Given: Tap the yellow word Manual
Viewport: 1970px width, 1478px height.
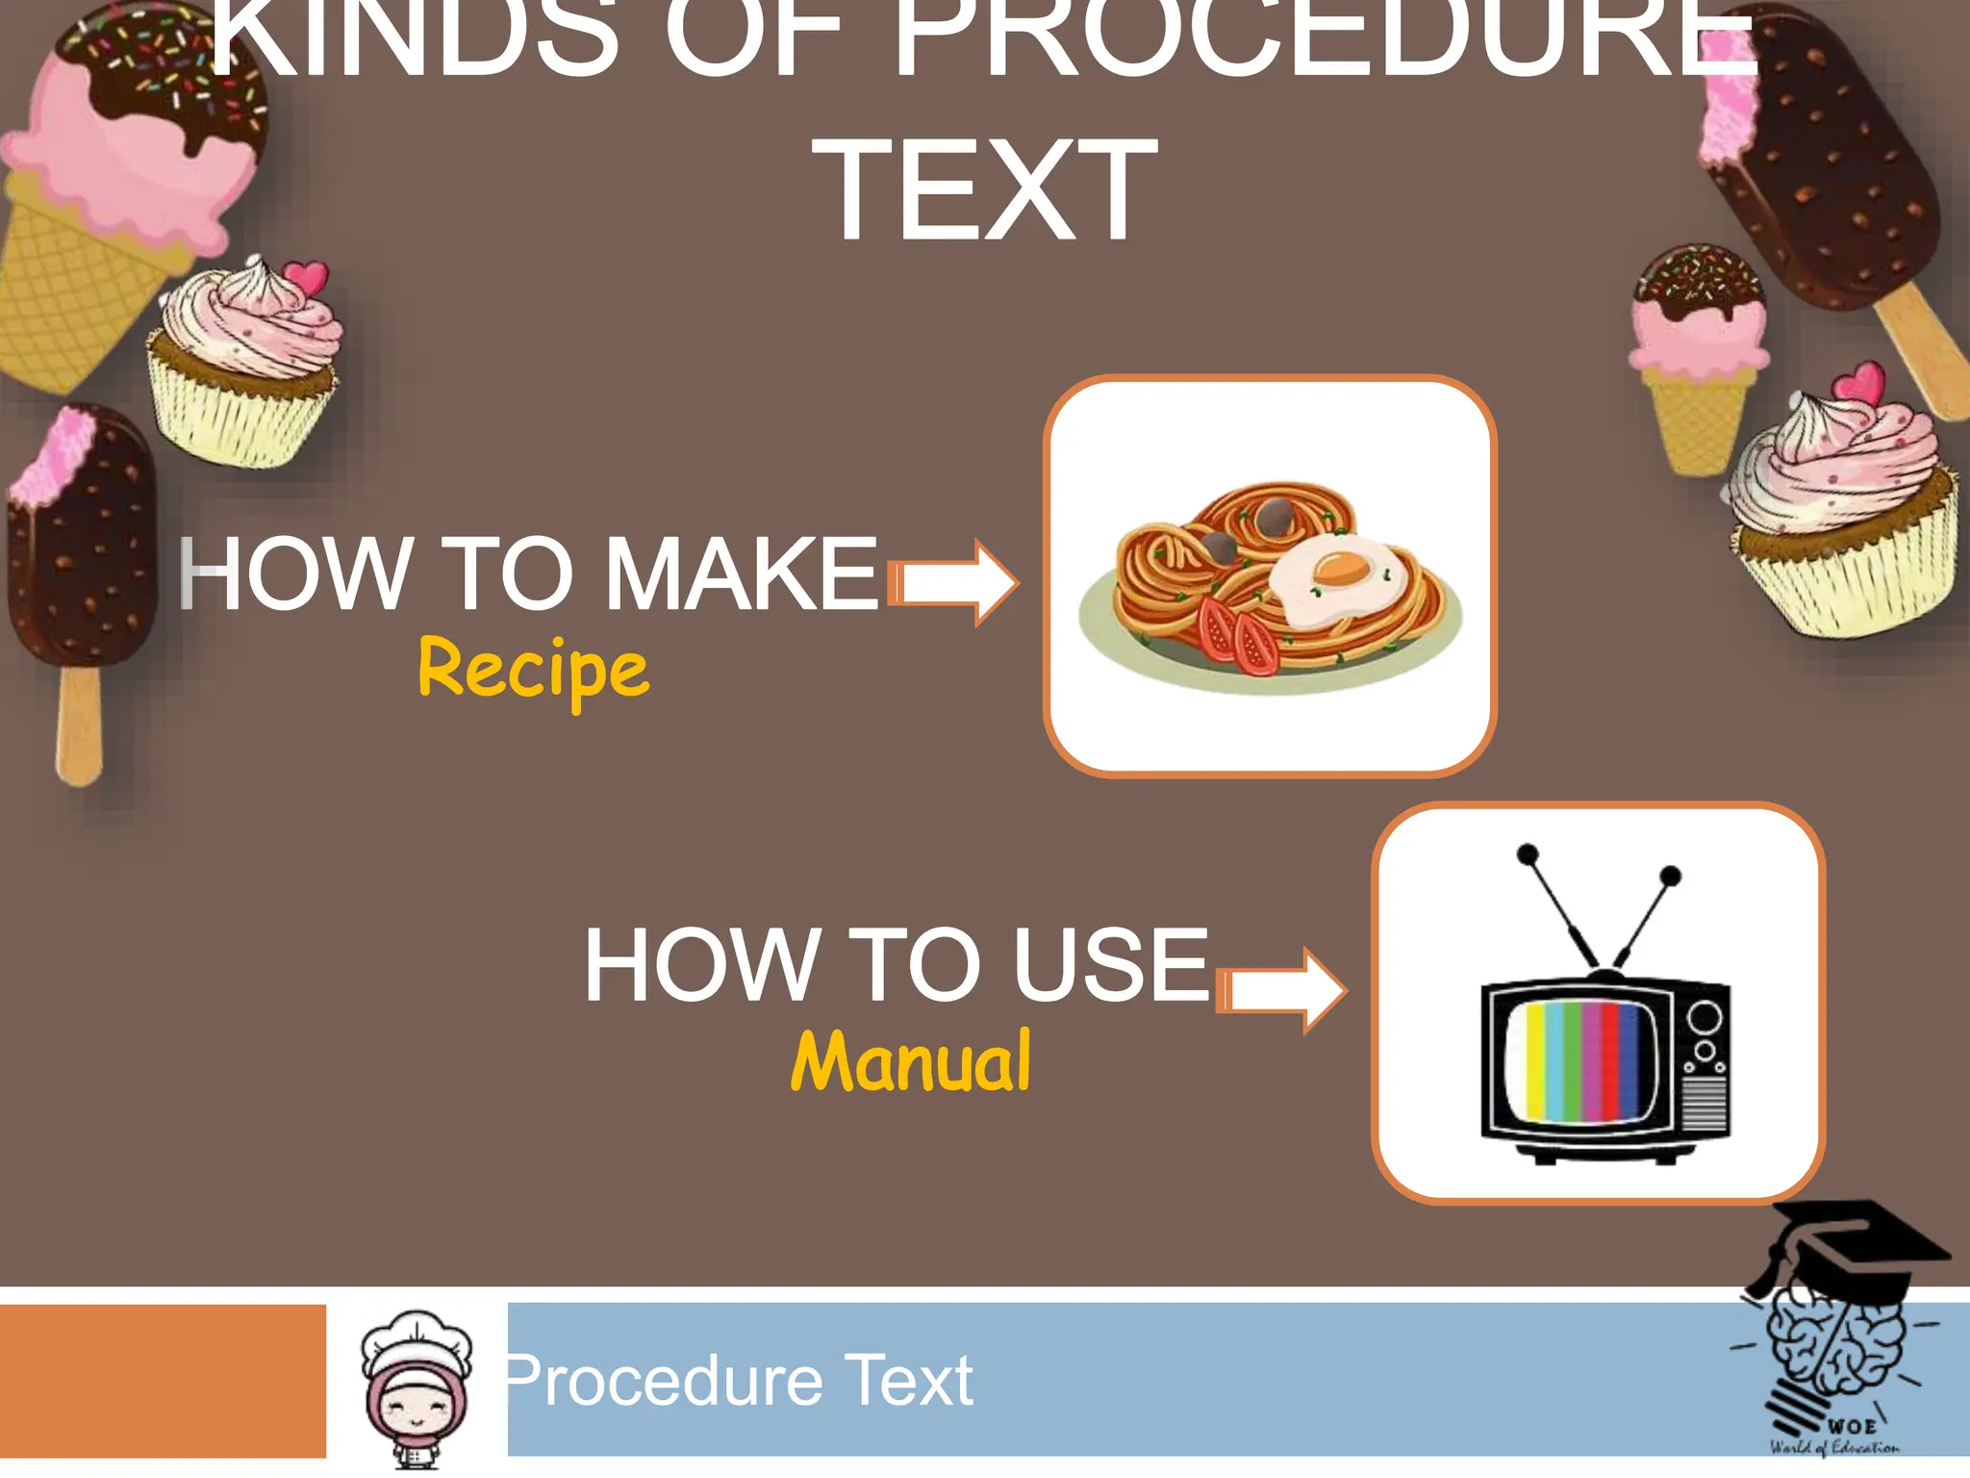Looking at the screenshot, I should tap(911, 1061).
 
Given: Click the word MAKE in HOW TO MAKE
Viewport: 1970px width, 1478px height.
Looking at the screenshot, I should tap(742, 574).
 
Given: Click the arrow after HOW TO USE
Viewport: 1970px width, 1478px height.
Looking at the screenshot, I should tap(1283, 990).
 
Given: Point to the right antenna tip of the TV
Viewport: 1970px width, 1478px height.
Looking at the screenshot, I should tap(1671, 876).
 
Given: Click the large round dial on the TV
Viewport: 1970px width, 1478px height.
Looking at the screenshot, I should tap(1705, 1015).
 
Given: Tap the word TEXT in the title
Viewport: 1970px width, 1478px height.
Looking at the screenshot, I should tap(985, 191).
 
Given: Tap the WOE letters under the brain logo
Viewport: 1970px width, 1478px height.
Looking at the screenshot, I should tap(1852, 1425).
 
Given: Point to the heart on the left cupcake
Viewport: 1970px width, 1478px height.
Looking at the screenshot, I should tap(306, 277).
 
